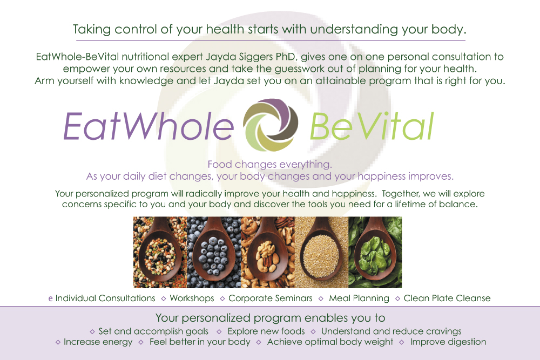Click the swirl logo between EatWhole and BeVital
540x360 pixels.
[271, 125]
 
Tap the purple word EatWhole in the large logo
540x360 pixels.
[149, 126]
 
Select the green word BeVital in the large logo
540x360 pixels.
[372, 126]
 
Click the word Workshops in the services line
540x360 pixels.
[192, 298]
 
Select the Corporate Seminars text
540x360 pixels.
[271, 298]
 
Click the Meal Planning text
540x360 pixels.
[359, 298]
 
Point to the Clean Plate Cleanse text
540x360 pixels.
[447, 298]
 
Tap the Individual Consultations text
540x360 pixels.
[105, 298]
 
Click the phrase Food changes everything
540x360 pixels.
[269, 165]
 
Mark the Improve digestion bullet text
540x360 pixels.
[448, 342]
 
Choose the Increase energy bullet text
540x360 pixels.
[98, 342]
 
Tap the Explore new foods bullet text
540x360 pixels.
[266, 331]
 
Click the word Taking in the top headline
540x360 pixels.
[92, 30]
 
